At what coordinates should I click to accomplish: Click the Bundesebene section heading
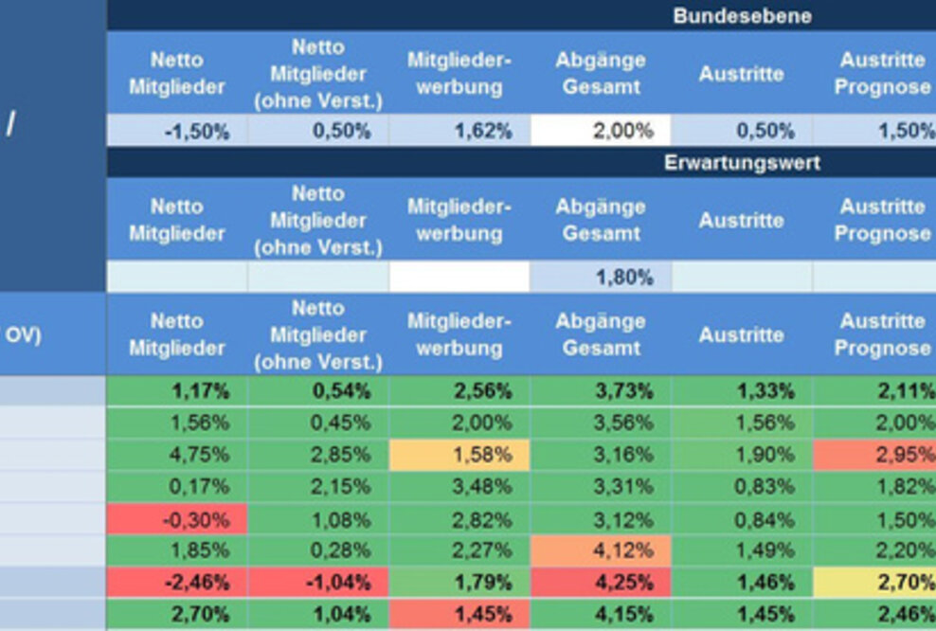click(x=742, y=16)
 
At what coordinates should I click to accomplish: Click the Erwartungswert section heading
click(x=742, y=163)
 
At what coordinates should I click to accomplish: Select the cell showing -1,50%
click(x=177, y=131)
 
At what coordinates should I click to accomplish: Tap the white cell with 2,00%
click(x=601, y=131)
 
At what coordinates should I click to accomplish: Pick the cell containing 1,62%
click(x=459, y=131)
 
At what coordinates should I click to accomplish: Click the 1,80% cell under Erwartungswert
click(x=601, y=278)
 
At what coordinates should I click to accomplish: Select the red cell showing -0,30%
click(x=177, y=519)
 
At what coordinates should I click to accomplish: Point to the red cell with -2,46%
click(x=177, y=583)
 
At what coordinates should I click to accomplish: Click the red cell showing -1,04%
click(x=318, y=583)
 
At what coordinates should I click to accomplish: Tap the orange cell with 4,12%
click(x=601, y=550)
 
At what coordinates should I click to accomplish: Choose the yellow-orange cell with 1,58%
click(x=459, y=455)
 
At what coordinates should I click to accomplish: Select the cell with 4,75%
click(x=177, y=455)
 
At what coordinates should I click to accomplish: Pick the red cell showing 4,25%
click(x=601, y=583)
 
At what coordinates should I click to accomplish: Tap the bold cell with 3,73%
click(x=601, y=390)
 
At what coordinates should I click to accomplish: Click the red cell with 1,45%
click(x=459, y=614)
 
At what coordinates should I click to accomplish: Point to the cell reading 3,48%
click(x=459, y=487)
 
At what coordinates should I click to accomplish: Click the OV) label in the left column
click(x=23, y=334)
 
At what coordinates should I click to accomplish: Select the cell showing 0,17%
click(x=177, y=487)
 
